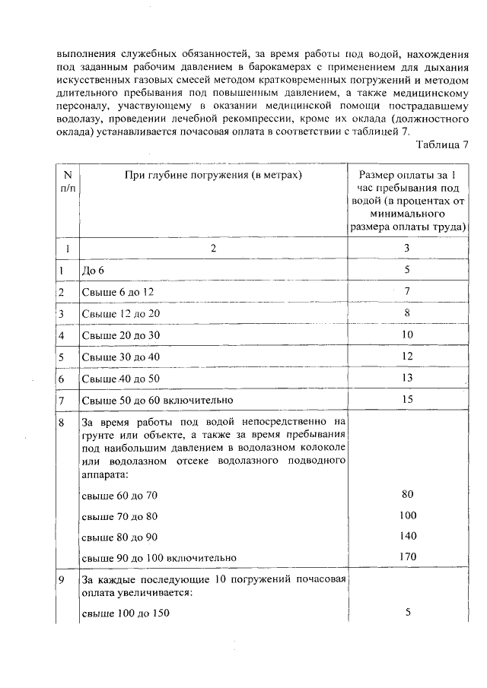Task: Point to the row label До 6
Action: click(x=92, y=269)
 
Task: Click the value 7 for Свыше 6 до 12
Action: click(x=407, y=290)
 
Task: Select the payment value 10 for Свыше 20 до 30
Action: click(x=407, y=334)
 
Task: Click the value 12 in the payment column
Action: click(x=407, y=356)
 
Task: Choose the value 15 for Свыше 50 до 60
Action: click(x=407, y=399)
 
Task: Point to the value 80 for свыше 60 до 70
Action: click(x=407, y=494)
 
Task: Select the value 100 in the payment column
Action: click(x=407, y=515)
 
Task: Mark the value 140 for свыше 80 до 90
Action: click(x=407, y=536)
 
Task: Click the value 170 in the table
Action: click(x=407, y=557)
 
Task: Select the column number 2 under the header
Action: click(x=214, y=248)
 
